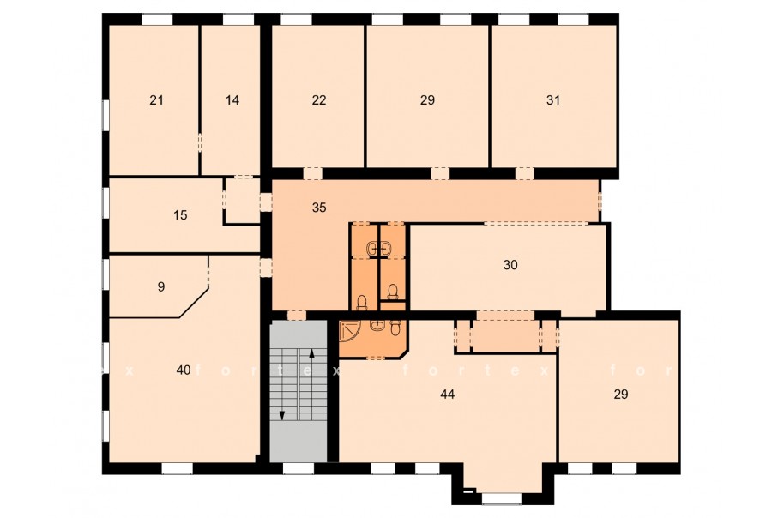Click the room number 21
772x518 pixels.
(156, 100)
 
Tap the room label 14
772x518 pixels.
(232, 100)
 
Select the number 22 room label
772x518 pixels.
(319, 100)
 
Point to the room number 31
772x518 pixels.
(553, 100)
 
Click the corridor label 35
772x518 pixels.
(319, 208)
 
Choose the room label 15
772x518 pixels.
(181, 215)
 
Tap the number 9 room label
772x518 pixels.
(161, 286)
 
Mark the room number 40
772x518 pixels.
(184, 370)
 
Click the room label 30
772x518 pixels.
(510, 265)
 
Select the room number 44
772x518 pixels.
(448, 395)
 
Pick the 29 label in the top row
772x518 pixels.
(427, 100)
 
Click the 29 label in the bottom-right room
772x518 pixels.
(621, 395)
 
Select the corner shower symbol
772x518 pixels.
(350, 331)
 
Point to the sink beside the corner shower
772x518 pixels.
(377, 326)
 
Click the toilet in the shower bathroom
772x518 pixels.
(395, 328)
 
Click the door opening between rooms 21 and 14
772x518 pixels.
(199, 143)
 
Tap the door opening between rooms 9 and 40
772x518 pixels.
(208, 271)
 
